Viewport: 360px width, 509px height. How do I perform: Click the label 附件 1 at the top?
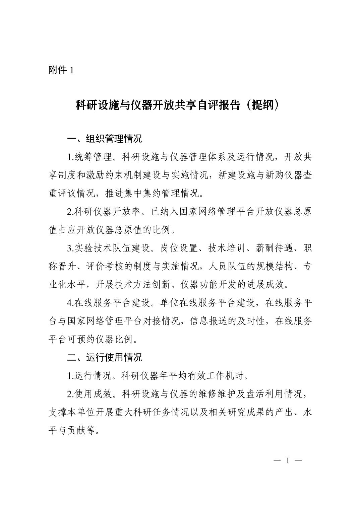pos(61,70)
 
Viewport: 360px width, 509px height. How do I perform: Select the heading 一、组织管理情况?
pos(105,139)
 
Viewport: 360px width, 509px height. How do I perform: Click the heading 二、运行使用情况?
pos(105,357)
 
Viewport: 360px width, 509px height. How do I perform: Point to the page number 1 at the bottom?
pos(288,460)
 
